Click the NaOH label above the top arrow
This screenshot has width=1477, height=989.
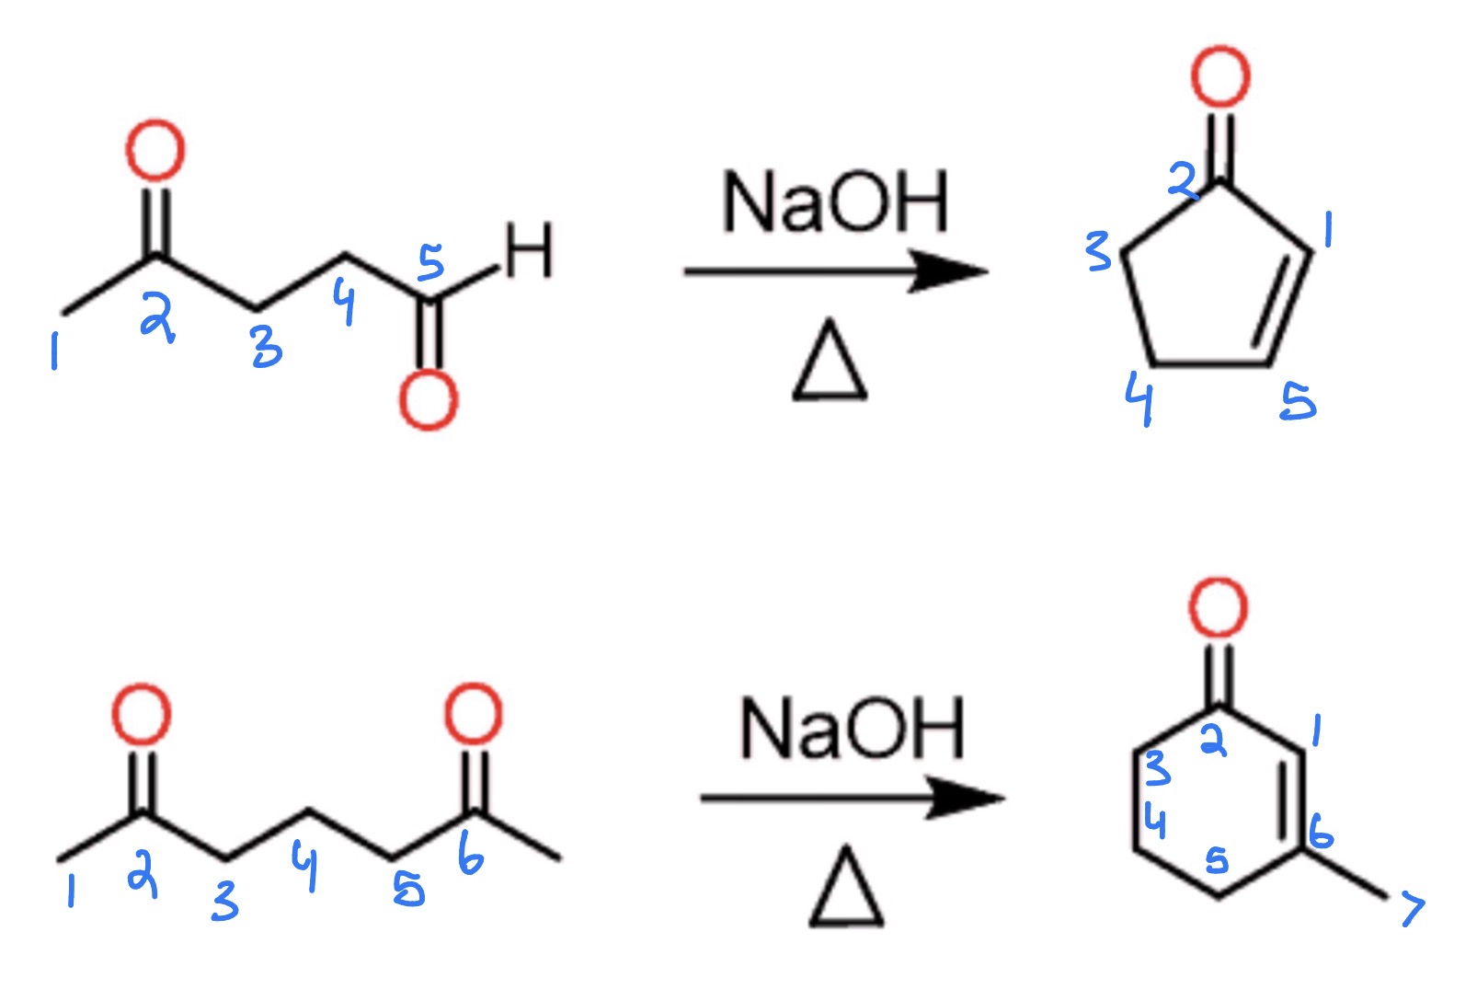point(835,201)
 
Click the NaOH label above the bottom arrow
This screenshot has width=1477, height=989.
point(852,729)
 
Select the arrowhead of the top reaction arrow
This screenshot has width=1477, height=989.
point(949,271)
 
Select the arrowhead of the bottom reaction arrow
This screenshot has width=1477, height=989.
point(966,798)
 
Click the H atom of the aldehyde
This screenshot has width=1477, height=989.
point(528,250)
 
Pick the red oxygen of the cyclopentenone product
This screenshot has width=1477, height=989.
point(1220,76)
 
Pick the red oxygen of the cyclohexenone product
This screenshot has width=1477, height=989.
point(1219,607)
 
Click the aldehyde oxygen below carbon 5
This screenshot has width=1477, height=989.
point(429,400)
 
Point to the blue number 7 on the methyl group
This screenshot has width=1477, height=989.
point(1413,910)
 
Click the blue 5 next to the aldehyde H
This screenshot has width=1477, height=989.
point(431,262)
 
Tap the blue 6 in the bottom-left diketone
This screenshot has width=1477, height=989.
point(471,853)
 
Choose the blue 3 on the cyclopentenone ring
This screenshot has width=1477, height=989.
point(1098,251)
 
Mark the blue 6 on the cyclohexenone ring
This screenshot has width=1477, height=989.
point(1321,831)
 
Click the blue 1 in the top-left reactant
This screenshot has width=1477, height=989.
point(55,351)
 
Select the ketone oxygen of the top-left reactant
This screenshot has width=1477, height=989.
point(155,151)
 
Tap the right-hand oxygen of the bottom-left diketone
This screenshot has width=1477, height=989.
point(474,715)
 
